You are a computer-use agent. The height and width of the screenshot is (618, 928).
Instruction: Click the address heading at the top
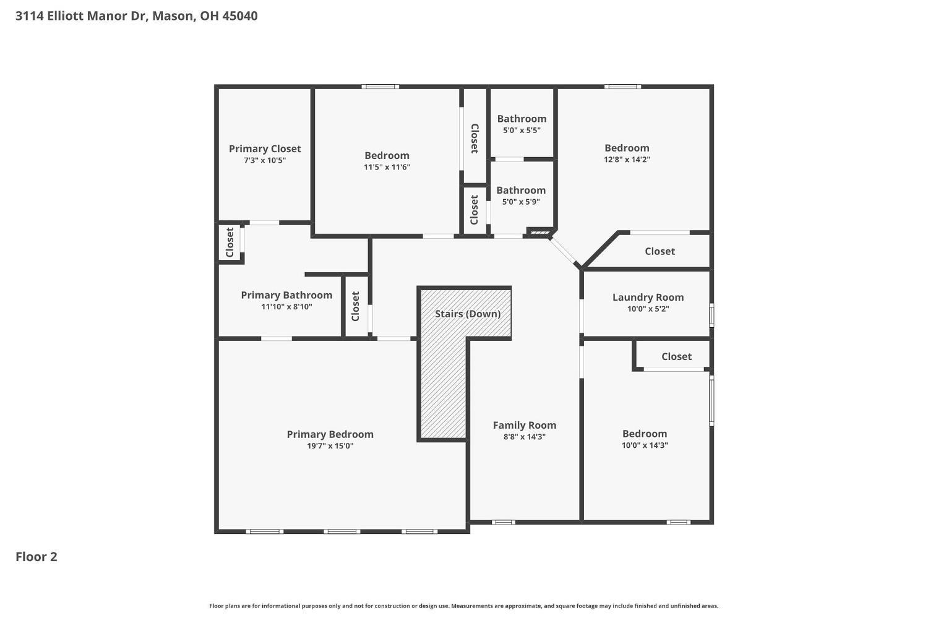[x=136, y=16]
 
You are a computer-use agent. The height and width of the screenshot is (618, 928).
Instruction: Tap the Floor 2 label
[x=37, y=557]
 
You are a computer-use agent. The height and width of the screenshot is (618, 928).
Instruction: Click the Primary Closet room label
[x=265, y=148]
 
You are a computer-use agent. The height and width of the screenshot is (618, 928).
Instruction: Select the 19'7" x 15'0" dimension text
[x=330, y=446]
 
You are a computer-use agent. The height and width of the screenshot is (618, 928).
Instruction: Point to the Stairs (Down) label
[x=467, y=314]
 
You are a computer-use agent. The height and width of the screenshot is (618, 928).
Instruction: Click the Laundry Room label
[x=648, y=298]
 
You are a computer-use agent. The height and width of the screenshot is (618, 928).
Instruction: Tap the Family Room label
[x=524, y=425]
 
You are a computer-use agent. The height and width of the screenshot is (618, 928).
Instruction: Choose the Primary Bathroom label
[x=286, y=295]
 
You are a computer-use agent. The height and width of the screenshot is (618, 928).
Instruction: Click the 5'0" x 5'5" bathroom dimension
[x=522, y=131]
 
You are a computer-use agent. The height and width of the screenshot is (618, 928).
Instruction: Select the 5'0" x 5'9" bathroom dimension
[x=521, y=202]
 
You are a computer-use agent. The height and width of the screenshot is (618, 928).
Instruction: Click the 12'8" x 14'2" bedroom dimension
[x=627, y=160]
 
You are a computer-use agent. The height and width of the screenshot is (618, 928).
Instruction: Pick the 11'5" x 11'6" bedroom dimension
[x=387, y=167]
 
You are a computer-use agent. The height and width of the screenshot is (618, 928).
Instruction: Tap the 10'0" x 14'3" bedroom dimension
[x=645, y=445]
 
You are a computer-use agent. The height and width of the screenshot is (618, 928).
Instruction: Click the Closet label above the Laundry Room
[x=659, y=251]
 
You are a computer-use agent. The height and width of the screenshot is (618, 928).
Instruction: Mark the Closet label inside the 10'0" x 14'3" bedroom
[x=676, y=356]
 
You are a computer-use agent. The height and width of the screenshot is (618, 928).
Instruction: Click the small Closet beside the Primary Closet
[x=230, y=242]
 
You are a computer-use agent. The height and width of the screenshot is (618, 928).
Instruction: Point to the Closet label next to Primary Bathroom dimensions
[x=355, y=307]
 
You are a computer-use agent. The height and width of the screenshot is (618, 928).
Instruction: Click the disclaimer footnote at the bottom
[x=464, y=606]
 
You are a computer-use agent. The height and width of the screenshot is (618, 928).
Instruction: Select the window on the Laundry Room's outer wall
[x=711, y=315]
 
